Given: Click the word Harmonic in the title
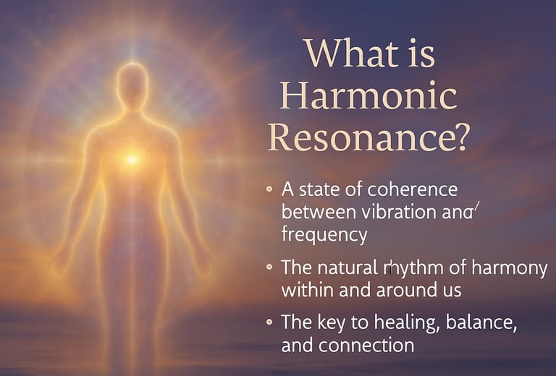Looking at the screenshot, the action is click(368, 95).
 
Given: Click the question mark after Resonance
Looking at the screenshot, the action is click(458, 137).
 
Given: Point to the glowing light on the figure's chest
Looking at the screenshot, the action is click(132, 160).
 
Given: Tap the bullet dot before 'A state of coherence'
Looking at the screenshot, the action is click(269, 189).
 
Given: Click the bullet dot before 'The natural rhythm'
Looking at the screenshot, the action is click(269, 267).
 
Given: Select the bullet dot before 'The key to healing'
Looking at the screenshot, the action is click(269, 322).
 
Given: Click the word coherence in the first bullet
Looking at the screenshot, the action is click(413, 189).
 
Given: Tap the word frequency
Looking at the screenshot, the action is click(324, 235).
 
